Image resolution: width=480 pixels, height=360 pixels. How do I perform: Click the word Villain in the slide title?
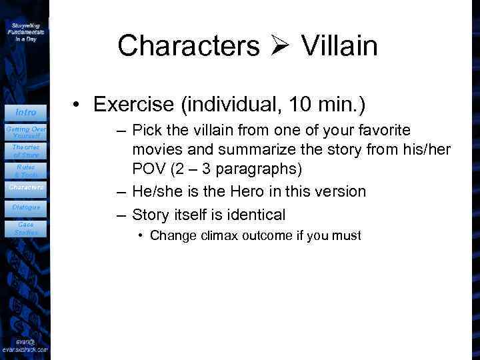click(x=339, y=46)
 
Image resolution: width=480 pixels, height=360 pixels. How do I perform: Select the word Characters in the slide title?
click(x=189, y=46)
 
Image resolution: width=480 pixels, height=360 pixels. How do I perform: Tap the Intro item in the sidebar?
click(x=26, y=112)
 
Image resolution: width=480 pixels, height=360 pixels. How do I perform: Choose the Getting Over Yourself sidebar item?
click(x=26, y=131)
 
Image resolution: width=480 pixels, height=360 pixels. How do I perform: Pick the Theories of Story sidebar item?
click(x=26, y=151)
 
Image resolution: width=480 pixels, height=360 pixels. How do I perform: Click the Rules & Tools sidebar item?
click(x=26, y=171)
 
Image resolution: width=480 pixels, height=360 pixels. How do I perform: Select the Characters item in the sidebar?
click(x=26, y=187)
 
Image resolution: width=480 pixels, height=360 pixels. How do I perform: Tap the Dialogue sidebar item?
click(x=26, y=207)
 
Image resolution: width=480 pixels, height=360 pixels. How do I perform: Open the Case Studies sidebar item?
click(x=26, y=229)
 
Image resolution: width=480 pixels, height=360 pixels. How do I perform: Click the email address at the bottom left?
click(x=25, y=346)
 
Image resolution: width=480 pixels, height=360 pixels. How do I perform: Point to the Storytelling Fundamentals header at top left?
click(x=26, y=31)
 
